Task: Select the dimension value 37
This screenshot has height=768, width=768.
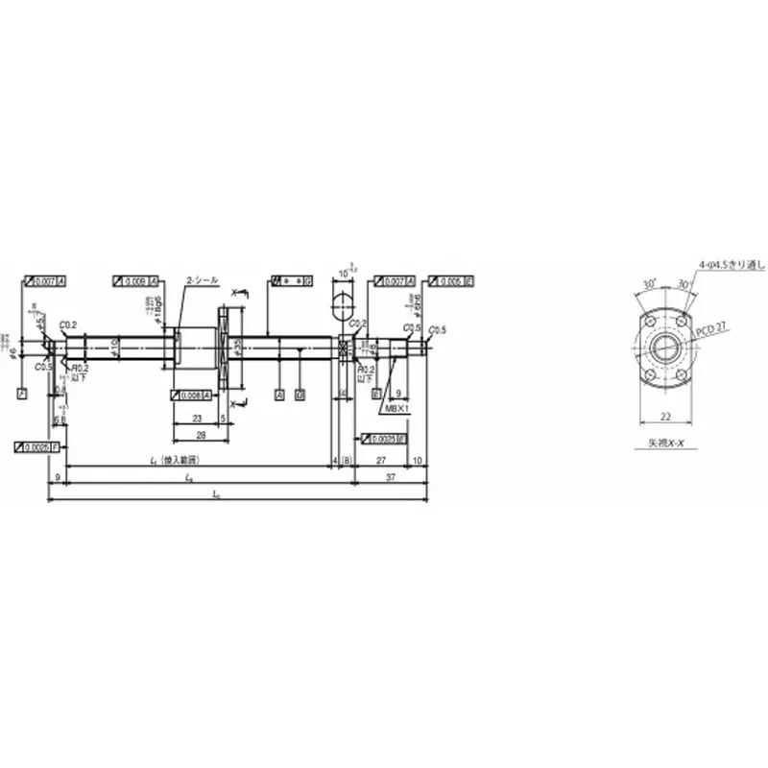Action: click(390, 475)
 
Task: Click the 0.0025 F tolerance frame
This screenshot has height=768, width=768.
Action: click(37, 447)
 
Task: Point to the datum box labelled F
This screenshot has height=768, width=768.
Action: click(21, 394)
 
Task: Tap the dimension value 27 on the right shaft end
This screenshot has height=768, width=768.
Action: click(382, 461)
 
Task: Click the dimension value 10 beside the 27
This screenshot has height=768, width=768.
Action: click(417, 461)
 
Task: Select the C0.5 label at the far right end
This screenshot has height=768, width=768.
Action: click(436, 330)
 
